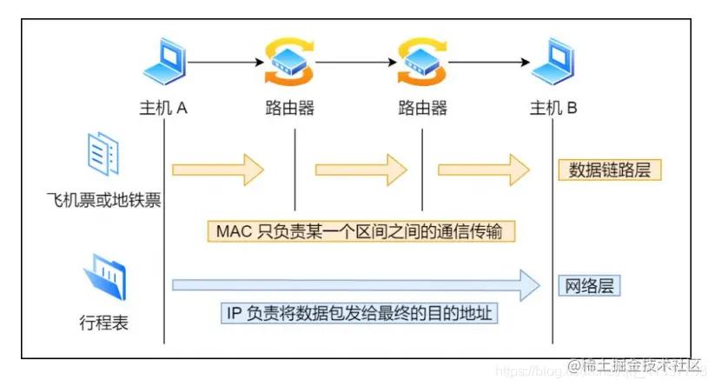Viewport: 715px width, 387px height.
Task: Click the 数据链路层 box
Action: [x=609, y=170]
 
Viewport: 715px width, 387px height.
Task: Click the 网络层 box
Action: [x=590, y=285]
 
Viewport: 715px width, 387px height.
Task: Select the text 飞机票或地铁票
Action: [x=105, y=202]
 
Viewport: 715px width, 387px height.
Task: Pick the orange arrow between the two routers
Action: [x=361, y=170]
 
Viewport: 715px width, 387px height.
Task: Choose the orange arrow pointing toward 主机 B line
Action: [x=483, y=170]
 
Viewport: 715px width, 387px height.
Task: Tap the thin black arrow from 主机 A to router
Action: [x=224, y=62]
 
